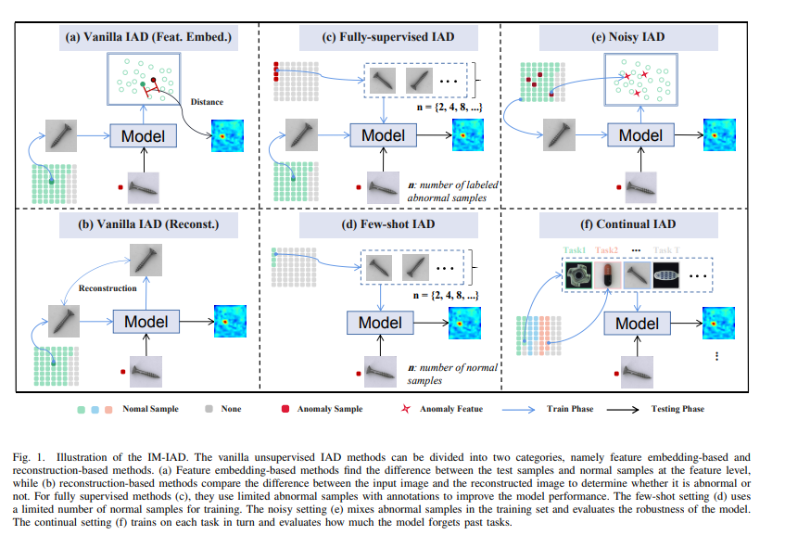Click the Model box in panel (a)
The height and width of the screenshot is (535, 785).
point(144,136)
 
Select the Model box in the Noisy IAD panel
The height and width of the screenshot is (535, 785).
point(640,135)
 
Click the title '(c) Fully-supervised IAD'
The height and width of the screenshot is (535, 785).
point(389,38)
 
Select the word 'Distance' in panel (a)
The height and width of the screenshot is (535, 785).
point(207,101)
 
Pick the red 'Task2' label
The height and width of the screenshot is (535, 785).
point(607,249)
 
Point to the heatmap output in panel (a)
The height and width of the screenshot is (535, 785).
point(227,136)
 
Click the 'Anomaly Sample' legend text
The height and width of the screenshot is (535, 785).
point(333,408)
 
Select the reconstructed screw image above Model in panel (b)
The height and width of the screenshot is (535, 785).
point(144,259)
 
